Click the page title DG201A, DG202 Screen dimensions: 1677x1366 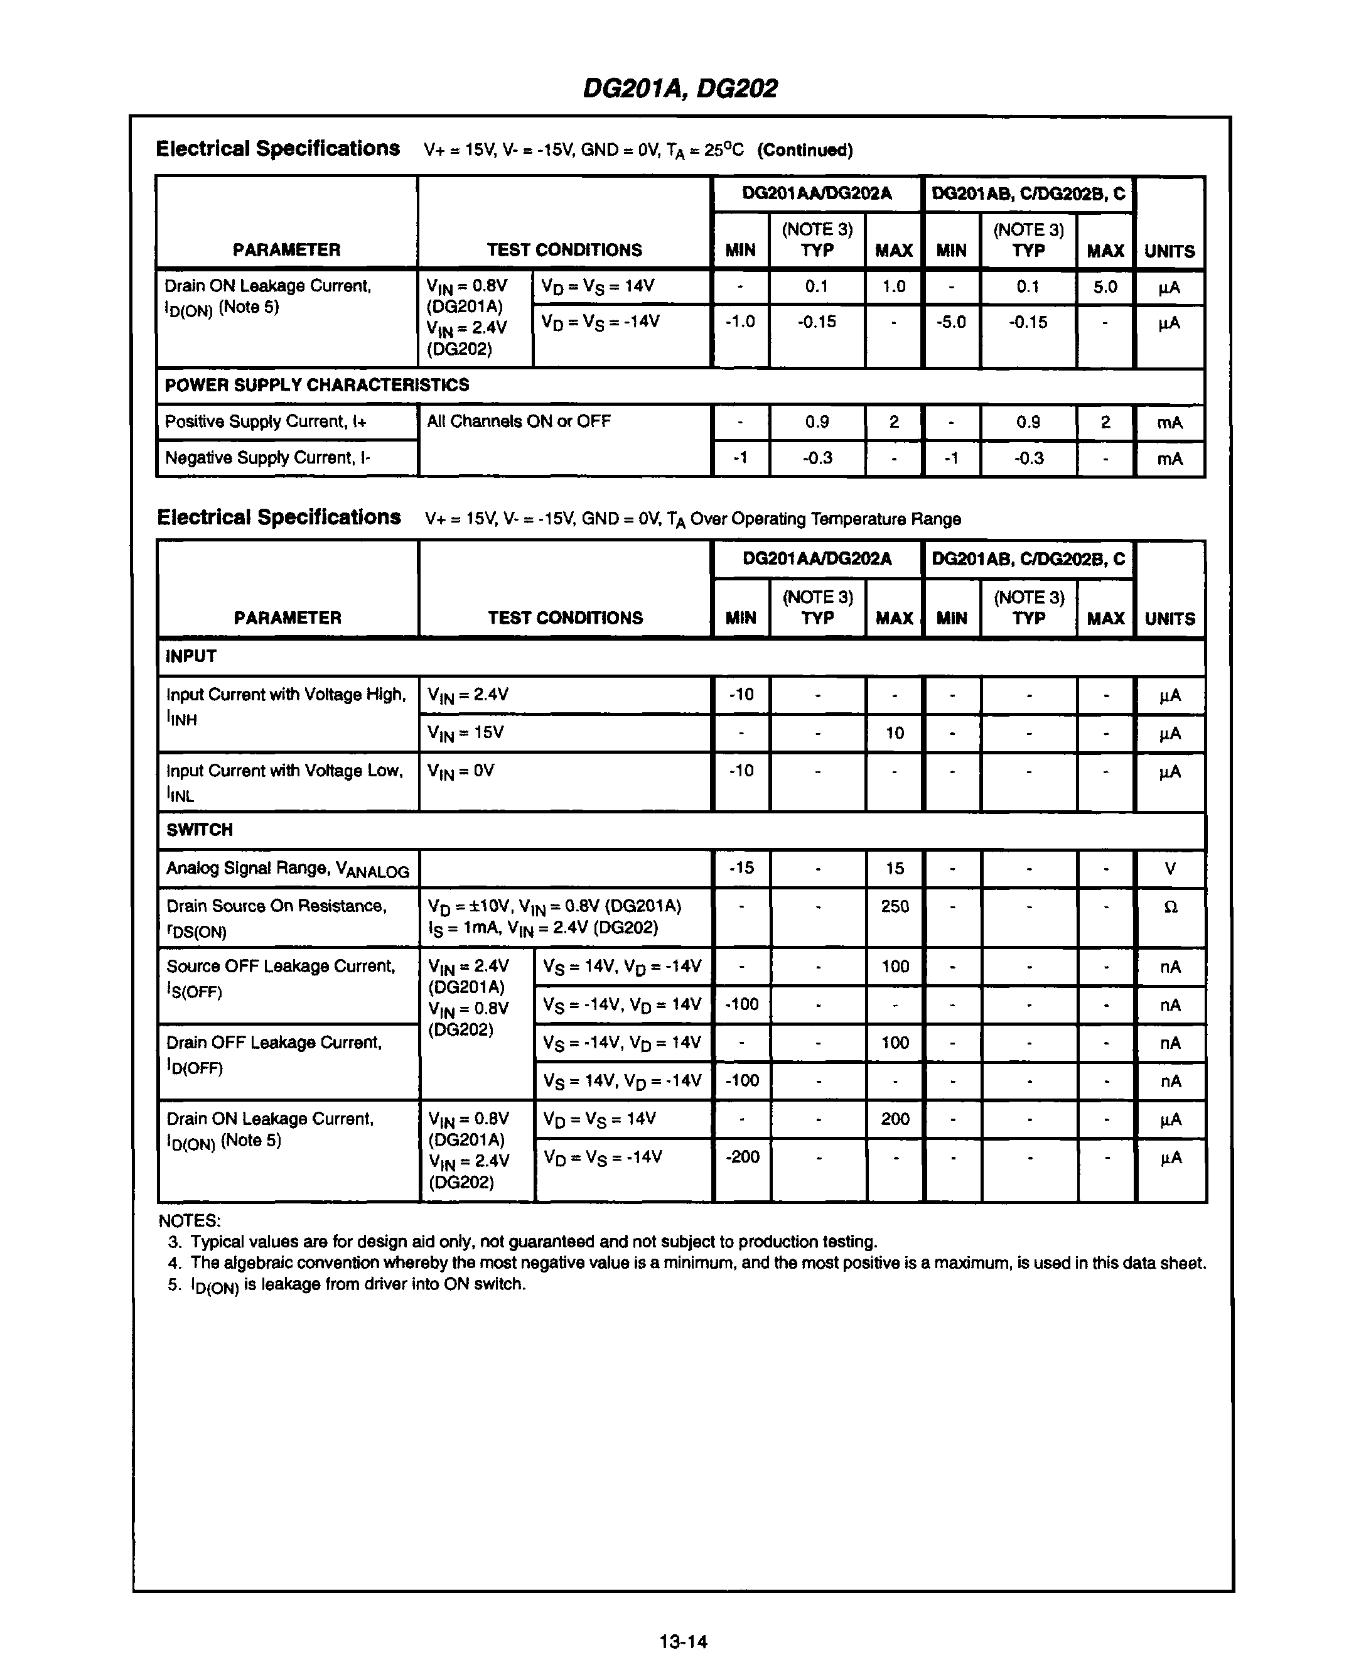pos(680,88)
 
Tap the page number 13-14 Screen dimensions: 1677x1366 pos(683,1642)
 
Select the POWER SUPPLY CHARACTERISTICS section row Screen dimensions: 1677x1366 pos(316,385)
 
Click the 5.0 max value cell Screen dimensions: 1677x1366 pos(1105,286)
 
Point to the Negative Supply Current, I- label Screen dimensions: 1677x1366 pos(267,459)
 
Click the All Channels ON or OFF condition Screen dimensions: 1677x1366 pos(519,422)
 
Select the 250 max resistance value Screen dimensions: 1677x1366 pos(895,906)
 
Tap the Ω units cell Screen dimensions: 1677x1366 pos(1170,907)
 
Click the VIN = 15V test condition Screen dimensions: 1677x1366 pos(465,733)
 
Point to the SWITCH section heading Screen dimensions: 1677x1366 pos(199,830)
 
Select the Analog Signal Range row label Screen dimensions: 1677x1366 pos(288,869)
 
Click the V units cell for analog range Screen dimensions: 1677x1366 pos(1170,869)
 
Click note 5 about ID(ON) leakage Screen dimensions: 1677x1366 pos(347,1284)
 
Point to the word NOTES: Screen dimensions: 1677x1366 pos(190,1220)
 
